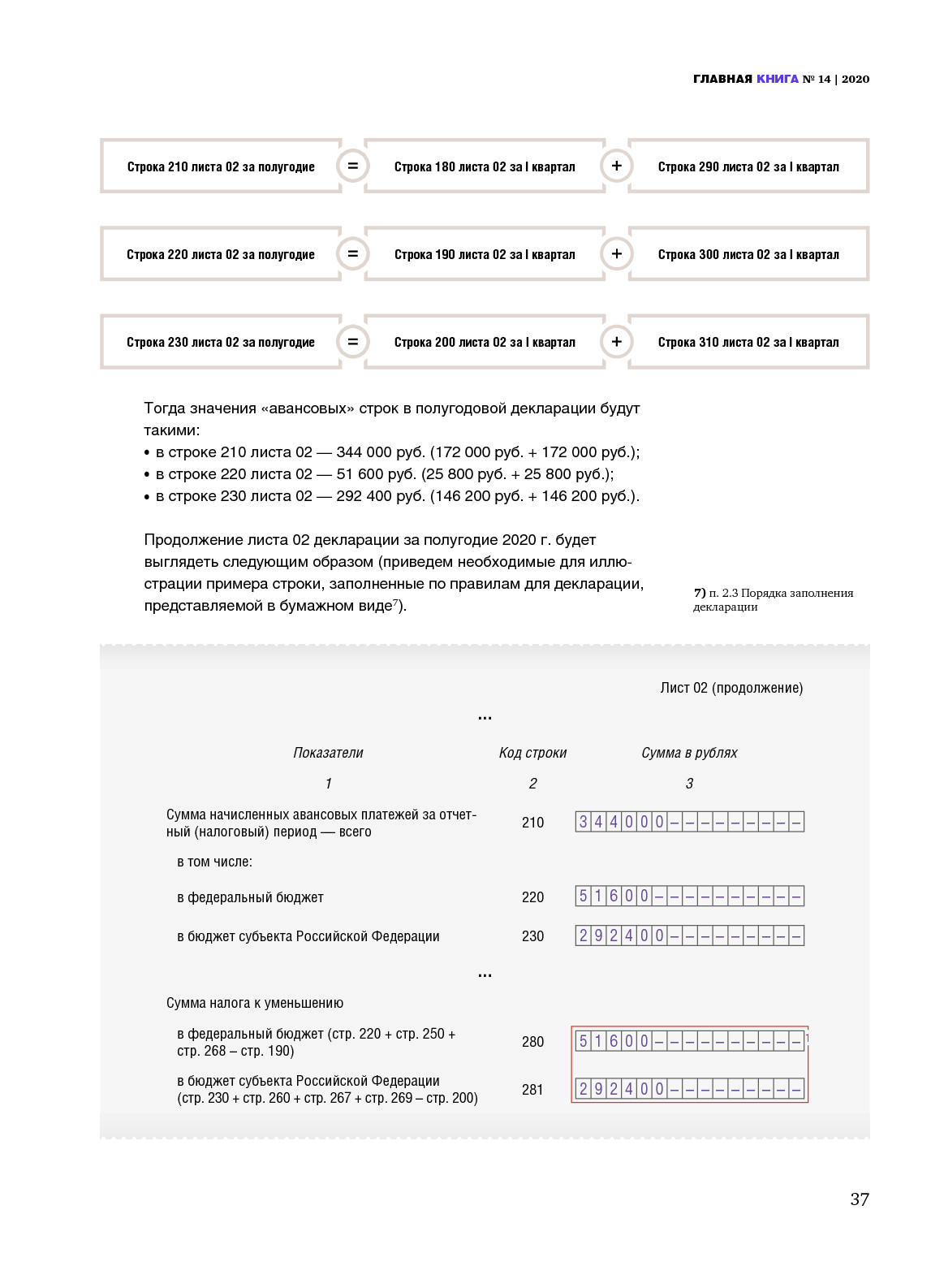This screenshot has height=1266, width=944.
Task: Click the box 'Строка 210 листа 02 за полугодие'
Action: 220,166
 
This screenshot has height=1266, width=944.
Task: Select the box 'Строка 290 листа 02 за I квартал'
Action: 748,166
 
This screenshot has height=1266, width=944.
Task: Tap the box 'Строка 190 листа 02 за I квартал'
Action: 485,254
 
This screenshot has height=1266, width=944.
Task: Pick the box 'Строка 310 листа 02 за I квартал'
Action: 748,342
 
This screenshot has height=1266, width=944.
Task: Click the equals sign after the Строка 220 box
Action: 352,253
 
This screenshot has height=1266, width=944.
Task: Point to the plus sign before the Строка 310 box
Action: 617,341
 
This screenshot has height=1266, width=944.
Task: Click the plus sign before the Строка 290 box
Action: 617,166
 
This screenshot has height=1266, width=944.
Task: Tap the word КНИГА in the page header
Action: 777,79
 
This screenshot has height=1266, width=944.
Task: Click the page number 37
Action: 860,1199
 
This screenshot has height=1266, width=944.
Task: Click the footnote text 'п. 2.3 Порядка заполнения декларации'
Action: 773,599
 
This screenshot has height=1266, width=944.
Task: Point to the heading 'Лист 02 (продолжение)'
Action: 731,688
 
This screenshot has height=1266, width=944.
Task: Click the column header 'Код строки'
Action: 532,753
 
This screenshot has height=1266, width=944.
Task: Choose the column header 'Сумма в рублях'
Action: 689,753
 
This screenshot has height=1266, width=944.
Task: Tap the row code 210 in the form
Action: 532,823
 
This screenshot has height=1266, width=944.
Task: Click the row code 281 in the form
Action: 532,1090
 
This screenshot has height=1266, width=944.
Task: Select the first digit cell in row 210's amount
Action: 583,822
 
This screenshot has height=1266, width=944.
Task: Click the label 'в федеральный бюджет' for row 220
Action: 250,897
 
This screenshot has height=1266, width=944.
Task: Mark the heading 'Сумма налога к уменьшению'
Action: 255,1003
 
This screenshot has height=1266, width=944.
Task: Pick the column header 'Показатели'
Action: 328,753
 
